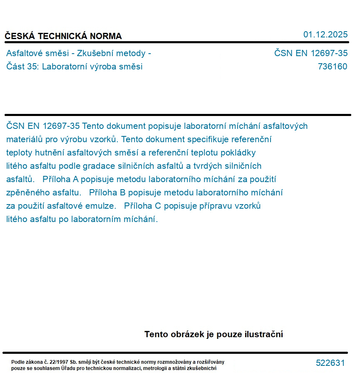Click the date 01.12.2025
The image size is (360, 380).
coord(325,35)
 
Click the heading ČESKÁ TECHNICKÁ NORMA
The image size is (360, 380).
coord(63,36)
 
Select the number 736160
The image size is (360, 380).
coord(332,67)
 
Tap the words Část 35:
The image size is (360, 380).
coord(22,67)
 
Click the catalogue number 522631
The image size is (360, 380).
coord(330,363)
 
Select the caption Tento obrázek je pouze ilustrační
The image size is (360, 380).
coord(214,334)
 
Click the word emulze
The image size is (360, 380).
coord(102,206)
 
